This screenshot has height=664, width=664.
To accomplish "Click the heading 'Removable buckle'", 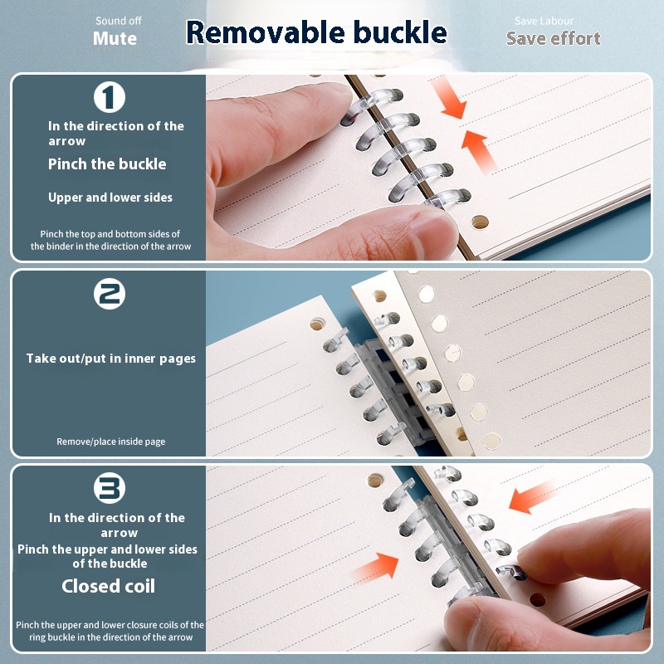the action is [x=316, y=32].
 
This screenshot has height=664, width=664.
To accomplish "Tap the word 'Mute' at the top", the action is [x=115, y=38].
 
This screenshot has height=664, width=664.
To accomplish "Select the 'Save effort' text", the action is [x=553, y=38].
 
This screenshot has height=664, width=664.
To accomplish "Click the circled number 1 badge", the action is [x=110, y=97].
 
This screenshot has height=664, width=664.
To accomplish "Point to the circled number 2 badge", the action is [x=110, y=294].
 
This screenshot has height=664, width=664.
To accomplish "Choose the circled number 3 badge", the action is [x=110, y=488].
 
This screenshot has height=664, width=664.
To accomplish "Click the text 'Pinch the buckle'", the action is [x=107, y=164].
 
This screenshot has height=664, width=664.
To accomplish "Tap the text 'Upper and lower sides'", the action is [x=110, y=198].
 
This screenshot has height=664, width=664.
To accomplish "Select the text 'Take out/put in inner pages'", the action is [x=111, y=359].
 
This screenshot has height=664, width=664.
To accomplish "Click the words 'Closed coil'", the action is [x=108, y=586].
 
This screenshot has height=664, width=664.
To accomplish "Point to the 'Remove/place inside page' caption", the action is [x=111, y=442].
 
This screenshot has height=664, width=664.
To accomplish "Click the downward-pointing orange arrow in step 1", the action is [x=449, y=99].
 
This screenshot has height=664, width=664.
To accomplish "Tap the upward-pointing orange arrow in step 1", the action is [x=480, y=151].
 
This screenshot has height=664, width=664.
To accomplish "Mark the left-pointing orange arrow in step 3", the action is [x=532, y=497].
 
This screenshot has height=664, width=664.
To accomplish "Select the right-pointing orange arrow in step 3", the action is [x=376, y=568].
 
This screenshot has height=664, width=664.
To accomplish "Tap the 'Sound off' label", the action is [x=118, y=21].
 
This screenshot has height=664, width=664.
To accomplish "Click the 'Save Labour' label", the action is [x=544, y=21].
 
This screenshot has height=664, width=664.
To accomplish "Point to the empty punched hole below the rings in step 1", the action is [x=480, y=222].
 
